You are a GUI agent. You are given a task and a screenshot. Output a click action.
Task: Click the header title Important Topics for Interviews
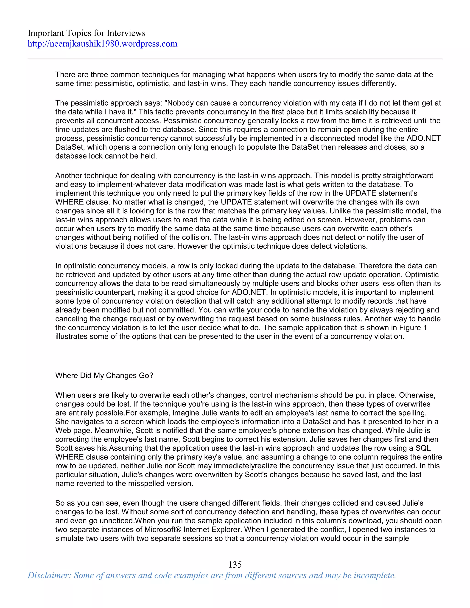(86, 33)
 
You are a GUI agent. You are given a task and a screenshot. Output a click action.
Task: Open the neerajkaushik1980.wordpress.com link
(102, 44)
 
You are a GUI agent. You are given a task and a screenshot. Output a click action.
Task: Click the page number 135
(235, 564)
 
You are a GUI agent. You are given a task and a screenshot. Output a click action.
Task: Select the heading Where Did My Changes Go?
(104, 376)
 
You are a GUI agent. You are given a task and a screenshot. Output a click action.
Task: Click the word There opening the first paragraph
(65, 75)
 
